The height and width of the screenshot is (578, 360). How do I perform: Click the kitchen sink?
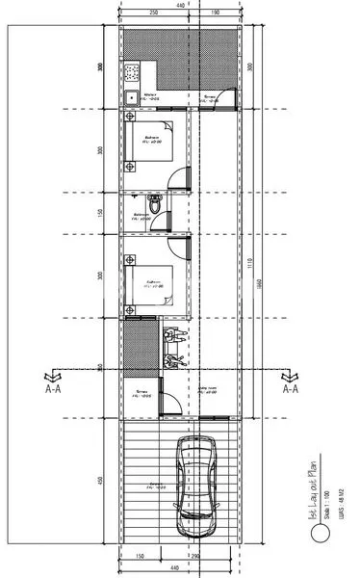(x=129, y=95)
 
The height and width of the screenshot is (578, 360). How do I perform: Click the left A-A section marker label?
(x=54, y=390)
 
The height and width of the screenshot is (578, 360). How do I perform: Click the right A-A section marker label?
(x=290, y=390)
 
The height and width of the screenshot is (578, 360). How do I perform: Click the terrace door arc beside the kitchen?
(x=224, y=99)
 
